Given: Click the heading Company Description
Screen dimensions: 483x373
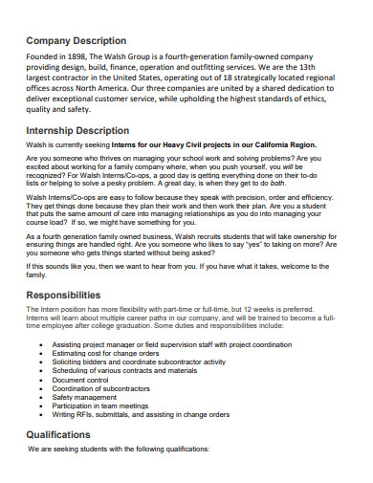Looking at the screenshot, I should [x=76, y=41].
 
